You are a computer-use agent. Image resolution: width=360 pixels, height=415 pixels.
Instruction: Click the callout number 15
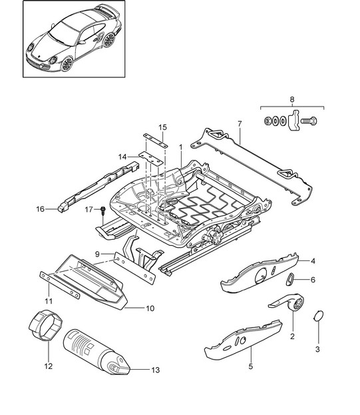pyautogui.click(x=163, y=127)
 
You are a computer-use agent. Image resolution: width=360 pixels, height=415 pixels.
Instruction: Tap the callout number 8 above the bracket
pyautogui.click(x=292, y=99)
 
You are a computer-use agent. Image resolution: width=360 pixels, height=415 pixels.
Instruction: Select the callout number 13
pyautogui.click(x=156, y=370)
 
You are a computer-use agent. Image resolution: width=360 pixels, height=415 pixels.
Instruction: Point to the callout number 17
pyautogui.click(x=89, y=210)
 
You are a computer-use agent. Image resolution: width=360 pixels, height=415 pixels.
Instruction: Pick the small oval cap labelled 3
pyautogui.click(x=319, y=316)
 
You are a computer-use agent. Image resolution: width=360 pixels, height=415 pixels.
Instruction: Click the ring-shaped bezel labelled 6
pyautogui.click(x=290, y=280)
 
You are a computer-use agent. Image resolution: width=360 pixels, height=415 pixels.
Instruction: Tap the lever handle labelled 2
pyautogui.click(x=288, y=302)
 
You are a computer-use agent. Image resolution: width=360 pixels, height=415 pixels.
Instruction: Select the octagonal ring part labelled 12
pyautogui.click(x=45, y=324)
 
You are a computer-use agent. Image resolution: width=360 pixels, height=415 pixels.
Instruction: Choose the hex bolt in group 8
pyautogui.click(x=309, y=121)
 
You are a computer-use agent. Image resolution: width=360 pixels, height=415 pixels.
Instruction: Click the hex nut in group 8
pyautogui.click(x=268, y=121)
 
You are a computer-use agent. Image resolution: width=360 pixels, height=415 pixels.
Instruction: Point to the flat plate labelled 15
pyautogui.click(x=156, y=141)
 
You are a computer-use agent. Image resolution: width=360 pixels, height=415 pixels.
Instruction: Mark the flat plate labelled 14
pyautogui.click(x=150, y=158)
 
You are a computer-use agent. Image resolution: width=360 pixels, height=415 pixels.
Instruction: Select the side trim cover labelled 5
pyautogui.click(x=243, y=340)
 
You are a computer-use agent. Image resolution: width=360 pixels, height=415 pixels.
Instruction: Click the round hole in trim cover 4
pyautogui.click(x=261, y=276)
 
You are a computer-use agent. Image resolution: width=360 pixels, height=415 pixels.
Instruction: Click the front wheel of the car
pyautogui.click(x=67, y=64)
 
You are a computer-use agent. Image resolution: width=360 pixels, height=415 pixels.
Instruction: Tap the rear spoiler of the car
pyautogui.click(x=108, y=11)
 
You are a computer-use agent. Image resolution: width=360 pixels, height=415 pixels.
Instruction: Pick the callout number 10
pyautogui.click(x=150, y=308)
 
